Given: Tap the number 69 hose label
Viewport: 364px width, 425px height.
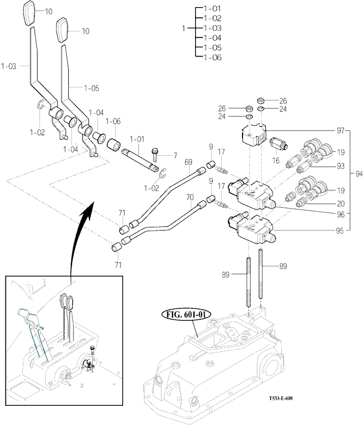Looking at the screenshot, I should [188, 162].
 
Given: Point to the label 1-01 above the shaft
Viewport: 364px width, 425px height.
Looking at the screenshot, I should [137, 139].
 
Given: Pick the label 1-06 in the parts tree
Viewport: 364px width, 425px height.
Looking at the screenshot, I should [213, 57].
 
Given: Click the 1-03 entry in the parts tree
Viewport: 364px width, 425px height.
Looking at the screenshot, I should [213, 28].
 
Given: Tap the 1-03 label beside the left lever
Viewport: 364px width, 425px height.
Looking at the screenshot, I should [9, 67].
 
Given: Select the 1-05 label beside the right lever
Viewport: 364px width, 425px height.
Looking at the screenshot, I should [91, 87].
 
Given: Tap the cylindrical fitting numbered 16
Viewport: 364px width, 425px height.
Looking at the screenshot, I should [279, 145].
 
